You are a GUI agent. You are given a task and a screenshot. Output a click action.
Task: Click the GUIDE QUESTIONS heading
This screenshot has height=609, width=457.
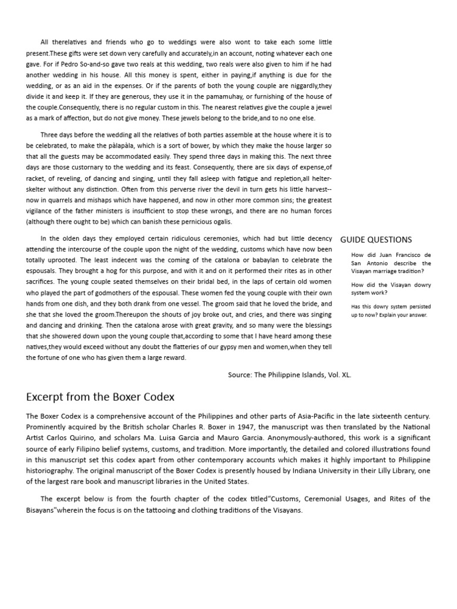375,240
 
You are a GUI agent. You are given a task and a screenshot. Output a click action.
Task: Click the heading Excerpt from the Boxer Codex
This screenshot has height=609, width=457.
100,396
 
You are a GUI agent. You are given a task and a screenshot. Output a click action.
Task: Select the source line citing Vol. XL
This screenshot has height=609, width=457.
289,375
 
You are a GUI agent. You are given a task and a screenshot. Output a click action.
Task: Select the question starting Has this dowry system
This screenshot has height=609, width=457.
390,310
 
